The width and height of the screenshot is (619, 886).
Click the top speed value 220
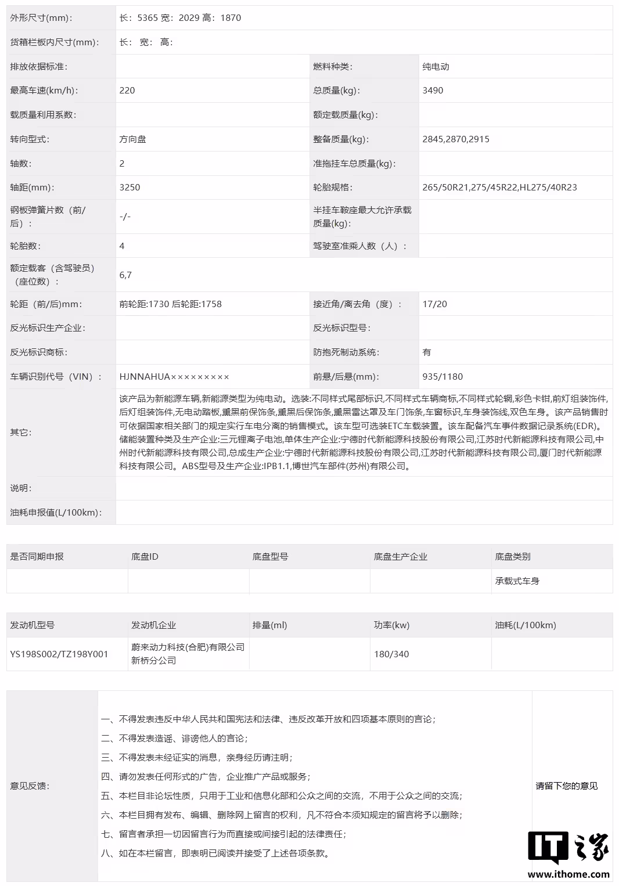[127, 91]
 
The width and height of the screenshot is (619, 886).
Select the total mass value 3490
[433, 91]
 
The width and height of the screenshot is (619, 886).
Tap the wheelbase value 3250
[129, 188]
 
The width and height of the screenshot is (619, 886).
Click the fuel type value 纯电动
[436, 67]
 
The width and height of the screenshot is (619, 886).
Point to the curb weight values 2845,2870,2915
[456, 139]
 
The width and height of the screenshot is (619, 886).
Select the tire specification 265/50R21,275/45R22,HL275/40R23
[499, 188]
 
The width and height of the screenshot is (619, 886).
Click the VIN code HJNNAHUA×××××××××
[174, 377]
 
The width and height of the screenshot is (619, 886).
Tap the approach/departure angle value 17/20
[435, 304]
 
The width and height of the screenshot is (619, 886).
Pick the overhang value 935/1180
[442, 377]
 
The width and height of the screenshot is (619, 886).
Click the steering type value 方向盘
[132, 139]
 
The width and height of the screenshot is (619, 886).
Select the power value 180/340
[391, 654]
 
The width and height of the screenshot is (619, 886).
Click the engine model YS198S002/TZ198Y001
[59, 654]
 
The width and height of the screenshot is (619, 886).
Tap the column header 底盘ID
[145, 557]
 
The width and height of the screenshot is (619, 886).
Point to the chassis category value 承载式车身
[517, 581]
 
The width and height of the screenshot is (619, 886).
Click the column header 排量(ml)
[269, 625]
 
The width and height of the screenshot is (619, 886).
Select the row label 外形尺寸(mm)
[41, 18]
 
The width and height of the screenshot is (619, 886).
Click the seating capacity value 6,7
[125, 275]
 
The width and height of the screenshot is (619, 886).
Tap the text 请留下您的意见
[566, 786]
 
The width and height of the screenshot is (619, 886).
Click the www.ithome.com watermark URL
[568, 874]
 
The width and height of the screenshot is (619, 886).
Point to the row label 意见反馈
[30, 786]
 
